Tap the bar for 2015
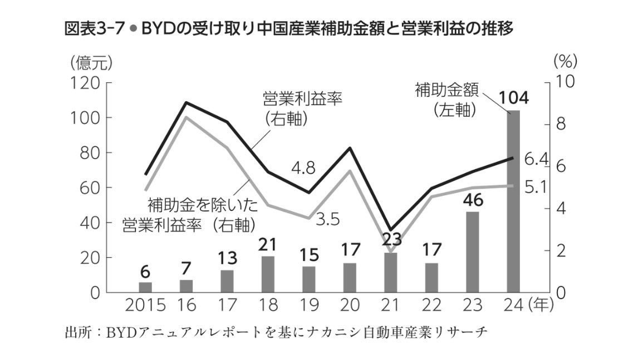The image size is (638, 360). click(145, 287)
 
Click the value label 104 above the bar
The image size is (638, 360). click(513, 99)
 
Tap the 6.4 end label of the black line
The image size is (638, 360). click(537, 160)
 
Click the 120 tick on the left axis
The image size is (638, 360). click(84, 83)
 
